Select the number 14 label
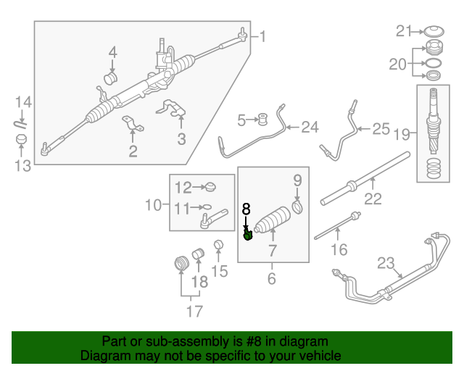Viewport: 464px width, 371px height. pos(22,102)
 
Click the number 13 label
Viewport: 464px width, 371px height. pos(22,166)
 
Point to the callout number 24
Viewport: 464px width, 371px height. pos(310,128)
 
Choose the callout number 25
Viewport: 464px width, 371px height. pos(381,130)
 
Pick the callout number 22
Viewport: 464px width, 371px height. pos(373,198)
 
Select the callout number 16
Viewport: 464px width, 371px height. pos(339,250)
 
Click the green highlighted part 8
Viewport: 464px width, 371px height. pos(248,233)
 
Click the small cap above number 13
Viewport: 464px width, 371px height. pos(22,138)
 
